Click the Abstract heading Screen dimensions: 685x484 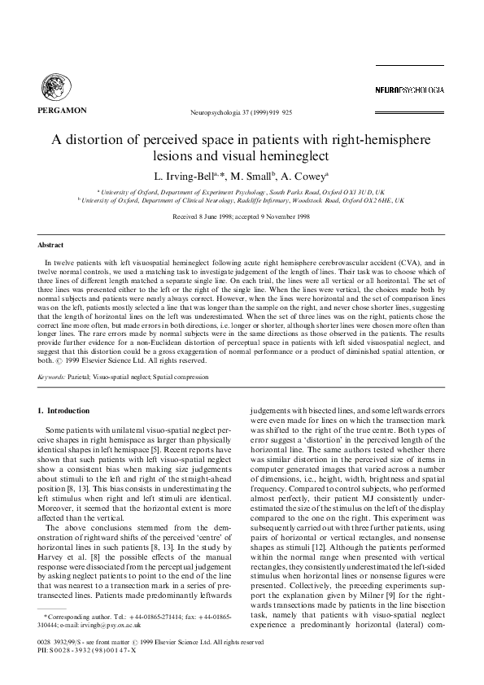pyautogui.click(x=52, y=244)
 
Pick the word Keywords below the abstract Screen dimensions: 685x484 pyautogui.click(x=55, y=377)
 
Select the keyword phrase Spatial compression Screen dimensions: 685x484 pyautogui.click(x=194, y=377)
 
